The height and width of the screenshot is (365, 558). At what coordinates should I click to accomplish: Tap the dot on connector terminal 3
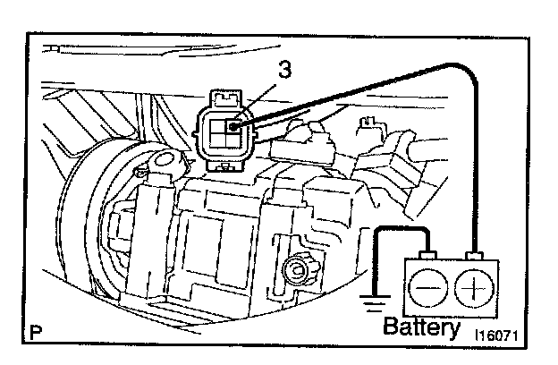[x=234, y=126]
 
